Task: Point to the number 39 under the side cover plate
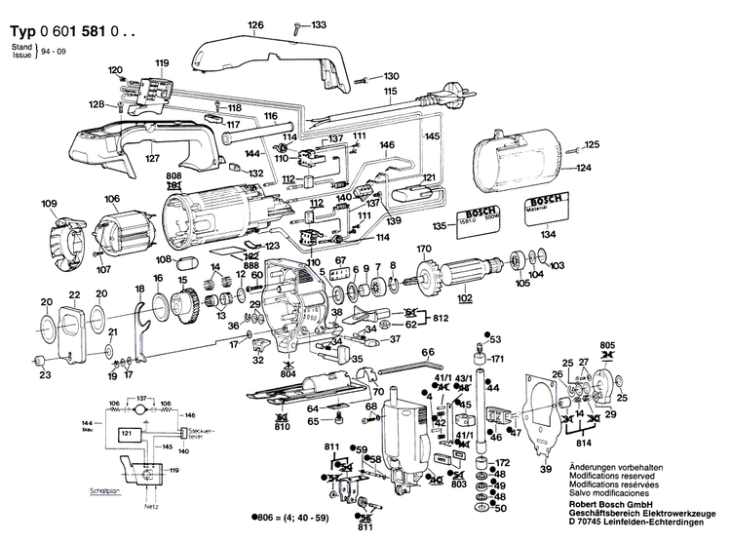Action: tap(546, 470)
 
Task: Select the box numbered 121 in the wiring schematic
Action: tap(127, 432)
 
